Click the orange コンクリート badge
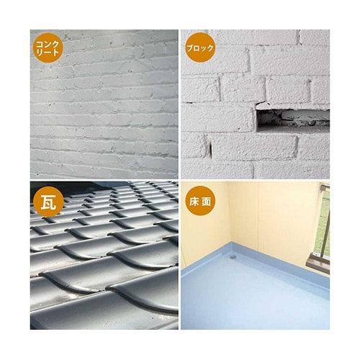pos(48,48)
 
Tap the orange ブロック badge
pos(200,48)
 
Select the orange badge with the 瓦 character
pos(48,202)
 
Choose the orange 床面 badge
pos(200,202)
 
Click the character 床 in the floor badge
pos(194,202)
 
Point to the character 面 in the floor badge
pos(207,202)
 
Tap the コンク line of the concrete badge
pos(48,44)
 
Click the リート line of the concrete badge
pos(48,53)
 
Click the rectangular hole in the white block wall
pos(293,120)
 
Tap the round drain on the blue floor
pos(233,257)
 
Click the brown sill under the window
pos(318,264)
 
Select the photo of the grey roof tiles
pos(104,256)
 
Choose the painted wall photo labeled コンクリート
pos(104,104)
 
